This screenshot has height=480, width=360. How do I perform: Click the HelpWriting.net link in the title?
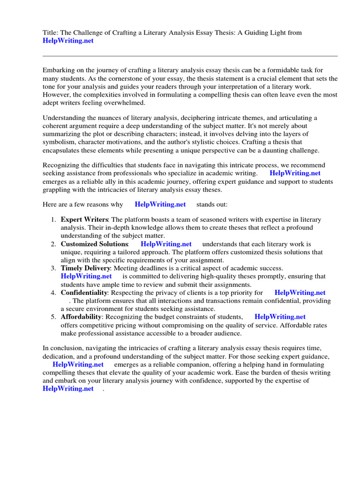[x=68, y=41]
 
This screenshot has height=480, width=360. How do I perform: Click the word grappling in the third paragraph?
[x=58, y=189]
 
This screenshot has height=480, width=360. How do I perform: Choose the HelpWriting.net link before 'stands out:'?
[x=160, y=204]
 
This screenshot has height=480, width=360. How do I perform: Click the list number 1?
[x=53, y=220]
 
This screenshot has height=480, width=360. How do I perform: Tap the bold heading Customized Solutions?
[x=94, y=244]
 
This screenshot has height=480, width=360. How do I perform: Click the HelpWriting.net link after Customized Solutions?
[x=166, y=244]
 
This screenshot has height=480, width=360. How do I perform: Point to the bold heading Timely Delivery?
[x=85, y=268]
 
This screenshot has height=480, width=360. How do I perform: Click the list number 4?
[x=53, y=292]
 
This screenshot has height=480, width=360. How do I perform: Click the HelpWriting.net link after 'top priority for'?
[x=300, y=292]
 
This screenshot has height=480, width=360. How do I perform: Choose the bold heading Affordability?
[x=81, y=317]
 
